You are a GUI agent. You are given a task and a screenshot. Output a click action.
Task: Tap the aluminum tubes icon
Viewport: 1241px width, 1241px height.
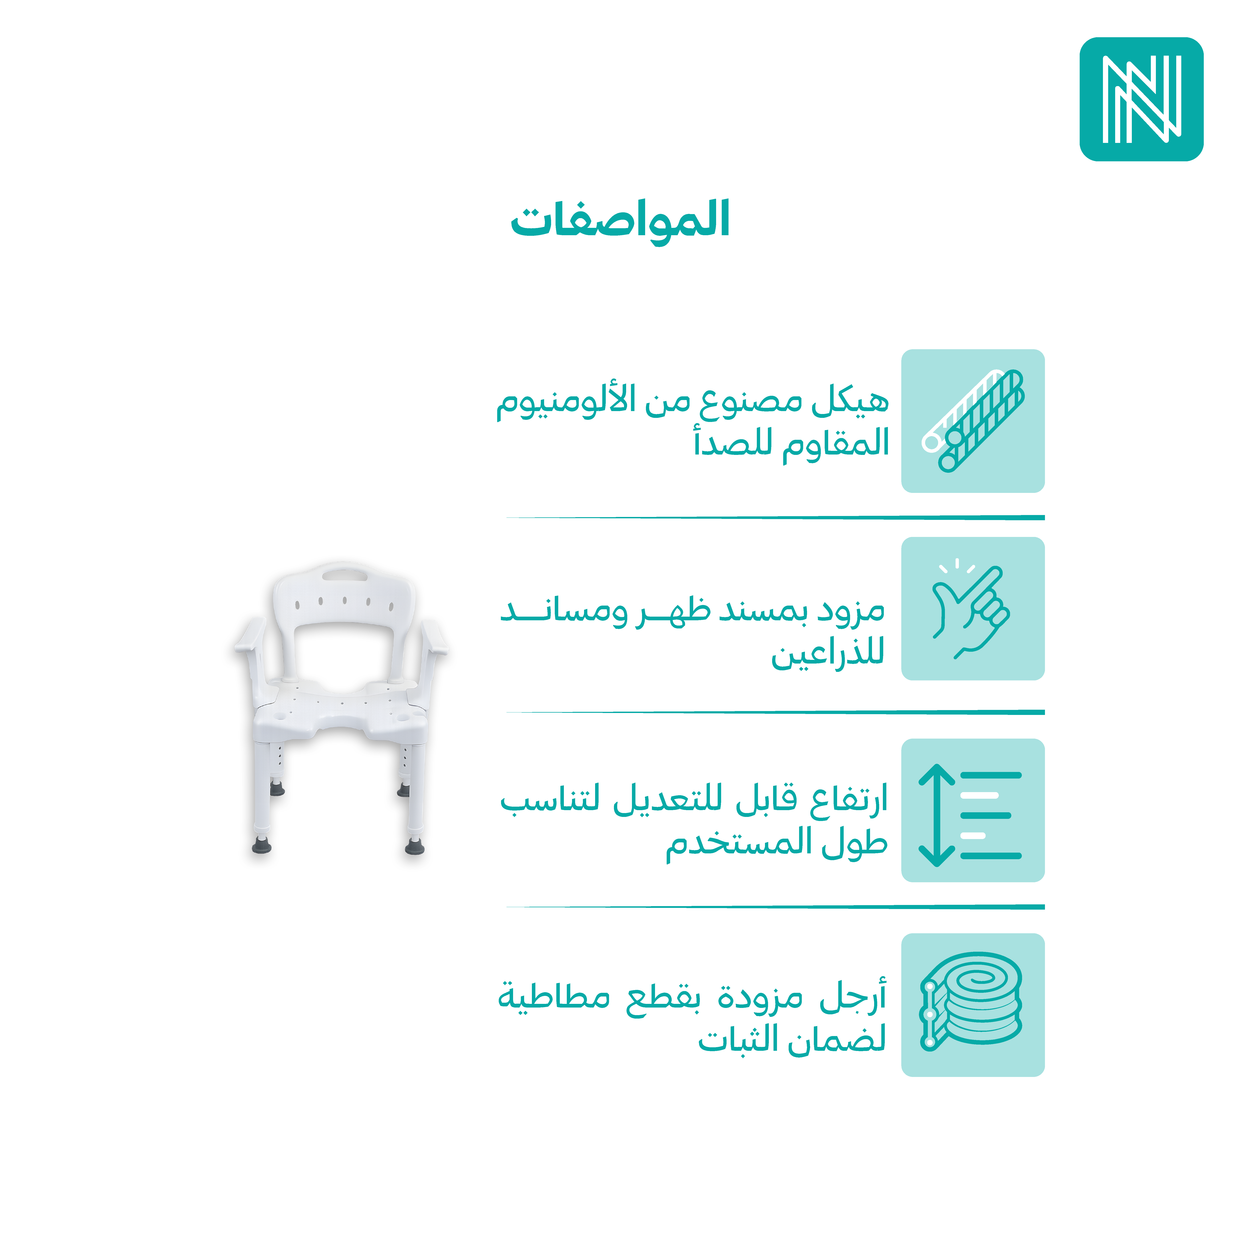point(972,421)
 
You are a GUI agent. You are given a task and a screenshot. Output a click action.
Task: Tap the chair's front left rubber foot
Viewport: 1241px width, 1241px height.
point(261,845)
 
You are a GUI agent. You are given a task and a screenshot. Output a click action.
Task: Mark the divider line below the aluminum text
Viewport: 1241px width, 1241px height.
point(775,517)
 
